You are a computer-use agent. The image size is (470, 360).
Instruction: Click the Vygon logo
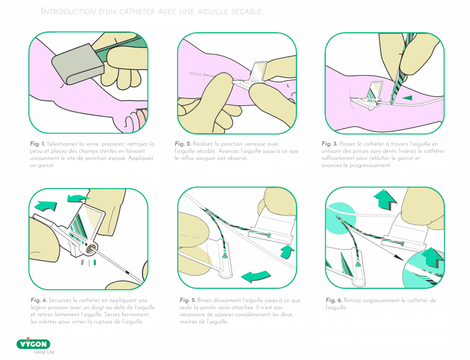pos(33,344)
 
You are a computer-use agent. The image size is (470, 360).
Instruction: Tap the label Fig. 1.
pos(37,144)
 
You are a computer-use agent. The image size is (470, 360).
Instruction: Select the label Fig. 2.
pos(183,144)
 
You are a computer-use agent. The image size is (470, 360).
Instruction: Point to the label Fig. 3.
pos(329,144)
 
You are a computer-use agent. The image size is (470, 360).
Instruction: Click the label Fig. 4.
pos(39,300)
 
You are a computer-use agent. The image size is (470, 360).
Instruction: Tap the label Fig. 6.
pos(334,300)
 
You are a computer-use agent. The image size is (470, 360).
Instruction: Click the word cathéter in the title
pos(137,12)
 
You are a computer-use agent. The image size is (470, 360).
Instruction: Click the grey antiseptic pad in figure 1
pos(78,64)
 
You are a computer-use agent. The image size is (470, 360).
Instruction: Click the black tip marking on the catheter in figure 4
pos(127,273)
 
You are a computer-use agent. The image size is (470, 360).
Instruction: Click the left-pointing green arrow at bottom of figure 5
pos(256,276)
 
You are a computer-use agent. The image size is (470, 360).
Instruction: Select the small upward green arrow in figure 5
pos(287,252)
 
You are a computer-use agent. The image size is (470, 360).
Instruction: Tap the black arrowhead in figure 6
pos(399,257)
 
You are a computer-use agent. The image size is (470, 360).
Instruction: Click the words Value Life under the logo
pos(44,352)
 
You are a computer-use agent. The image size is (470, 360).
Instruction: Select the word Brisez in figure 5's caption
pos(204,300)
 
